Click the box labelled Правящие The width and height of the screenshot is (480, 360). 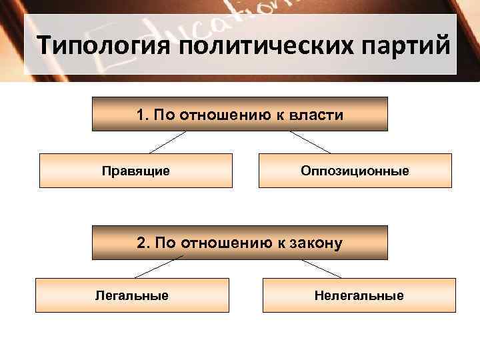click(x=136, y=171)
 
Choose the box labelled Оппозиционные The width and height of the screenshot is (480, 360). click(x=355, y=171)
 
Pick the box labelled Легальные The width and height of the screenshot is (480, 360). click(x=132, y=295)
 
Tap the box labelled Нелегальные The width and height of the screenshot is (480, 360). click(x=359, y=295)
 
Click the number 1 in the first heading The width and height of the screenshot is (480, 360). click(x=141, y=115)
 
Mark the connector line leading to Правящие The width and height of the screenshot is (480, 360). click(x=167, y=142)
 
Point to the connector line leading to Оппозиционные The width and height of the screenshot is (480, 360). click(x=310, y=142)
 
